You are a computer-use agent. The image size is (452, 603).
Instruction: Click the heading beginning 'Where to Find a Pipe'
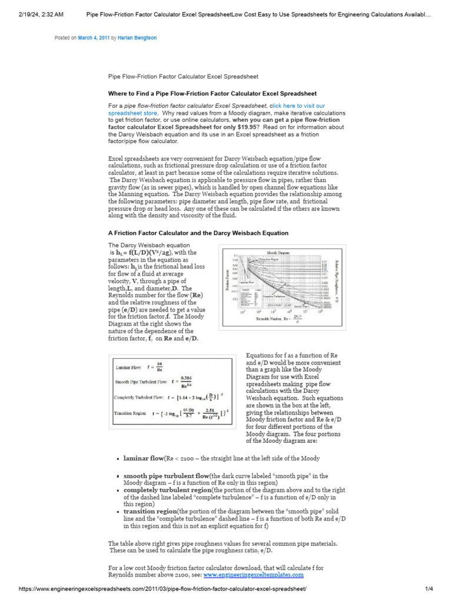[x=212, y=93]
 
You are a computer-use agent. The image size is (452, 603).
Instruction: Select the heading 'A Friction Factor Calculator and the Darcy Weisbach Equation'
[x=198, y=233]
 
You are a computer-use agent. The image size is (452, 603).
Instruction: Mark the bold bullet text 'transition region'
[x=150, y=511]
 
